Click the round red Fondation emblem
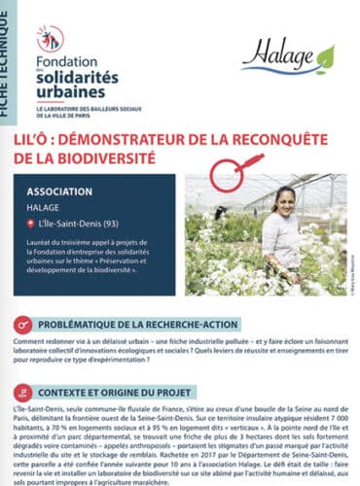click(50, 38)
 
